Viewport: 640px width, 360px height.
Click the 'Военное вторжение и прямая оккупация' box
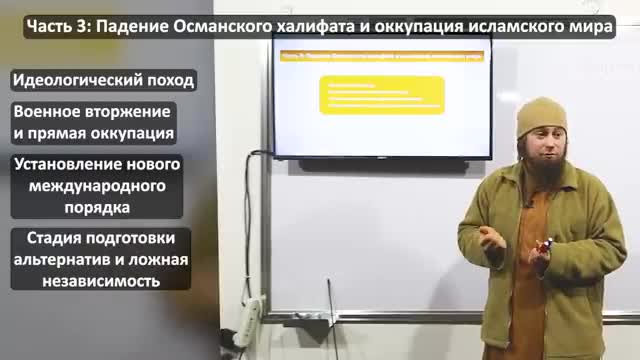pos(92,121)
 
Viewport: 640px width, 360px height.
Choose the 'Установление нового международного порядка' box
pos(96,186)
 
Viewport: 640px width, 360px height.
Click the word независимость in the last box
pos(96,281)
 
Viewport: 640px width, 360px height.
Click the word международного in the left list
pos(96,186)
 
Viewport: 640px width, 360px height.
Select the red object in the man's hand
pos(547,244)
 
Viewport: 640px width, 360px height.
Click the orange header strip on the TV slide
pos(381,57)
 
